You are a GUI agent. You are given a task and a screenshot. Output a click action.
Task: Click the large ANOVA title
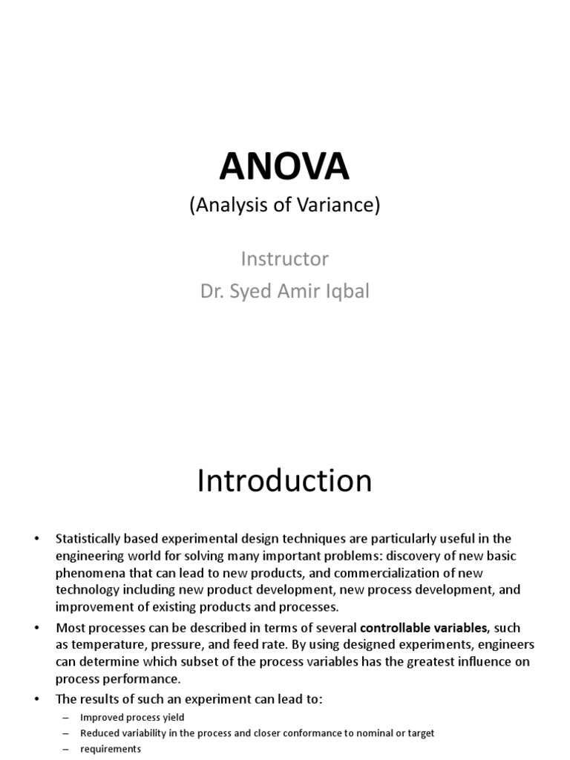coord(284,168)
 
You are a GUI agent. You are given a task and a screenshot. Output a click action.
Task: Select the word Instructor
coord(284,259)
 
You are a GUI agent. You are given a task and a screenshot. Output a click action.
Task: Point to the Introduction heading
coord(284,482)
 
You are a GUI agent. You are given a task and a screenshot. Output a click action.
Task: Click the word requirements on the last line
coord(111,749)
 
